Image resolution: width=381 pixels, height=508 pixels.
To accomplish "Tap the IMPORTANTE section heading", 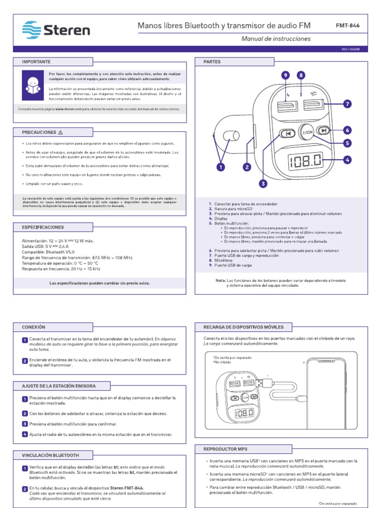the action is (x=36, y=62).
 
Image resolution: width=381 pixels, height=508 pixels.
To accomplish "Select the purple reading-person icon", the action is (x=32, y=85).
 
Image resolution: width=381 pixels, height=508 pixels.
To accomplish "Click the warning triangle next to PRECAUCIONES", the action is (x=61, y=132).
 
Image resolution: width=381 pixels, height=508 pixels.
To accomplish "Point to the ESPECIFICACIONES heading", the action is (x=43, y=227).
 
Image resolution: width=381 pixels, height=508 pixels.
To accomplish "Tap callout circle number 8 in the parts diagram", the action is (x=301, y=75).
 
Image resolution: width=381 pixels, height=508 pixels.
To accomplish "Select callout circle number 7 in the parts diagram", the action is (x=347, y=104).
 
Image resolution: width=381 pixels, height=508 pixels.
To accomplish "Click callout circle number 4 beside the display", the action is (x=347, y=159).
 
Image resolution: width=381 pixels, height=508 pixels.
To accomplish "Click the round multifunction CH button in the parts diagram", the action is (x=308, y=132).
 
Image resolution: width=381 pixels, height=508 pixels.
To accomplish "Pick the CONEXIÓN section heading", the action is (x=33, y=327).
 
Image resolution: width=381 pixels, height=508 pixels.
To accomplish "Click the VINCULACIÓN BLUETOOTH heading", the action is (x=50, y=455).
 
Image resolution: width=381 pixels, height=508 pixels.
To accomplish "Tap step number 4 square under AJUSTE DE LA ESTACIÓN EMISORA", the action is (x=24, y=435).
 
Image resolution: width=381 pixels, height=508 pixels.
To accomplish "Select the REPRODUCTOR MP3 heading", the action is (x=225, y=448).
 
